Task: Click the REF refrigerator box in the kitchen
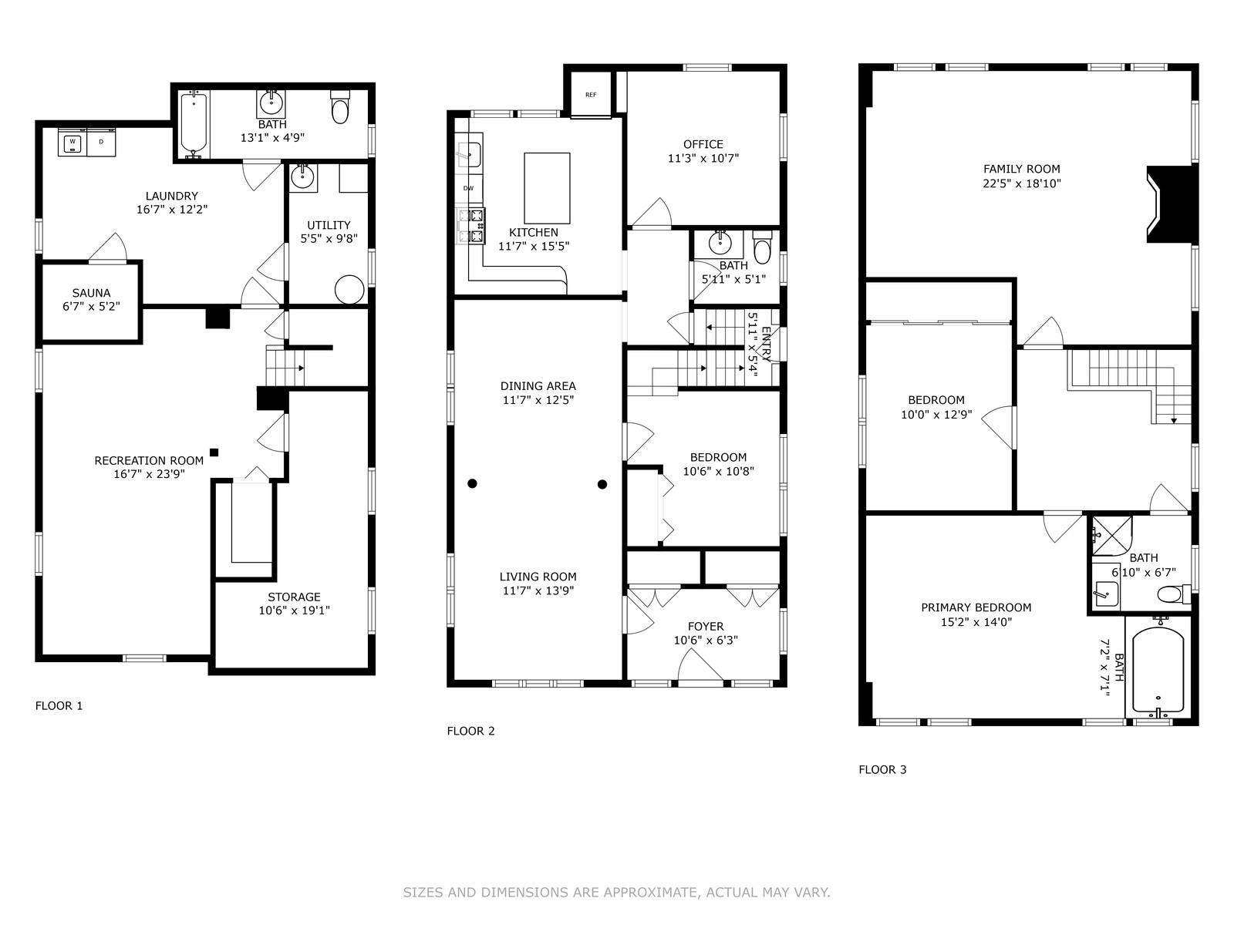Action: [591, 96]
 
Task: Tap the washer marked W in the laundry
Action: [72, 143]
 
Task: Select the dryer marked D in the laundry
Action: [101, 143]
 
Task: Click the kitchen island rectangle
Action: [547, 188]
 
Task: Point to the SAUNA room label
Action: [91, 293]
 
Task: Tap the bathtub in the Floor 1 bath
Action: [194, 124]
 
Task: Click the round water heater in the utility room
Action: [349, 290]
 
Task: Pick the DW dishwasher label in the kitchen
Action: [468, 189]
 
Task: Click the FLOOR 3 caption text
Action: [882, 769]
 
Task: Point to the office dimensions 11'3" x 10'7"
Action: [703, 159]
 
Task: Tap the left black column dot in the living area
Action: [472, 484]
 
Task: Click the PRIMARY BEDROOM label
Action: [976, 607]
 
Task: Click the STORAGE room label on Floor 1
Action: [294, 597]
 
